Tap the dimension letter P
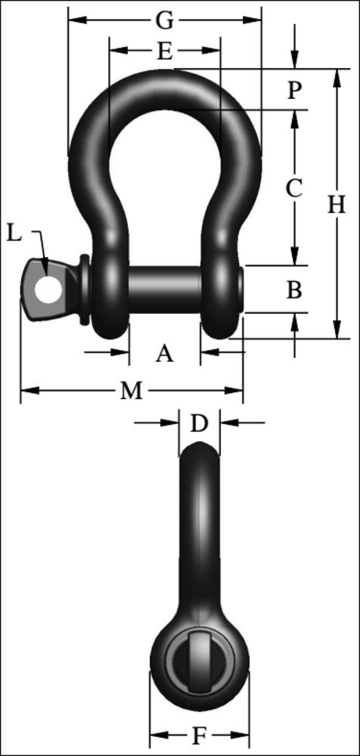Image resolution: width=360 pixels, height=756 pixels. [x=295, y=90]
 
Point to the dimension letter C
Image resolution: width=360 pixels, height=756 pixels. [x=294, y=187]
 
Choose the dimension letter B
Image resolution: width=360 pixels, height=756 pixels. [x=295, y=289]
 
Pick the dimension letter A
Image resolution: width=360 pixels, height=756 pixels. [x=164, y=352]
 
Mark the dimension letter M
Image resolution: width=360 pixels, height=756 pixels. [x=131, y=391]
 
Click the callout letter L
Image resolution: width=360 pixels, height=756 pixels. [x=14, y=233]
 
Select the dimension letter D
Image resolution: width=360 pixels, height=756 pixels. [x=198, y=424]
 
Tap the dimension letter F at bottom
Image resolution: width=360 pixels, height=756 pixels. [x=199, y=735]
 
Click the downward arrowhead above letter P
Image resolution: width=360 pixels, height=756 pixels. [x=295, y=60]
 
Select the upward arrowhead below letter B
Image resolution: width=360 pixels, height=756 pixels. [x=295, y=321]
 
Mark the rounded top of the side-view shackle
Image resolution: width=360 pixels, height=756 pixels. [x=199, y=449]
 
